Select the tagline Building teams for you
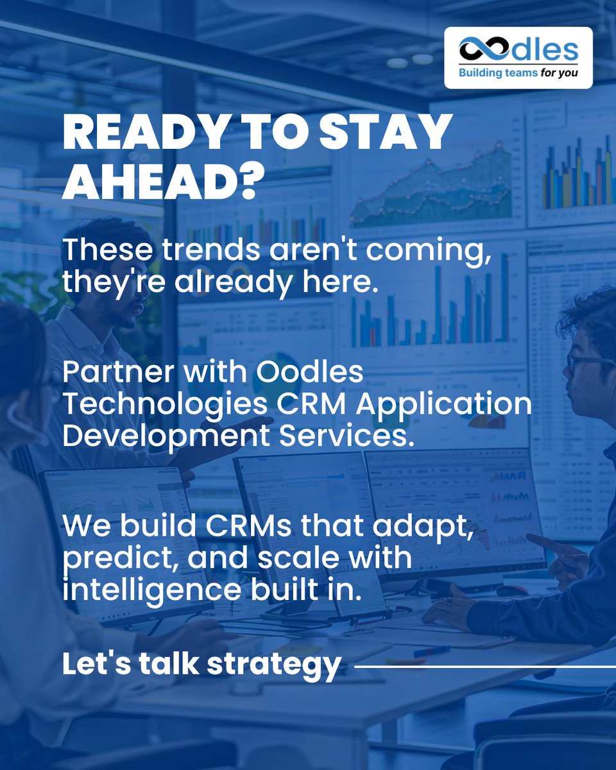pyautogui.click(x=517, y=73)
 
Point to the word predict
pyautogui.click(x=116, y=558)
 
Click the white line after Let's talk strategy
pyautogui.click(x=484, y=667)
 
